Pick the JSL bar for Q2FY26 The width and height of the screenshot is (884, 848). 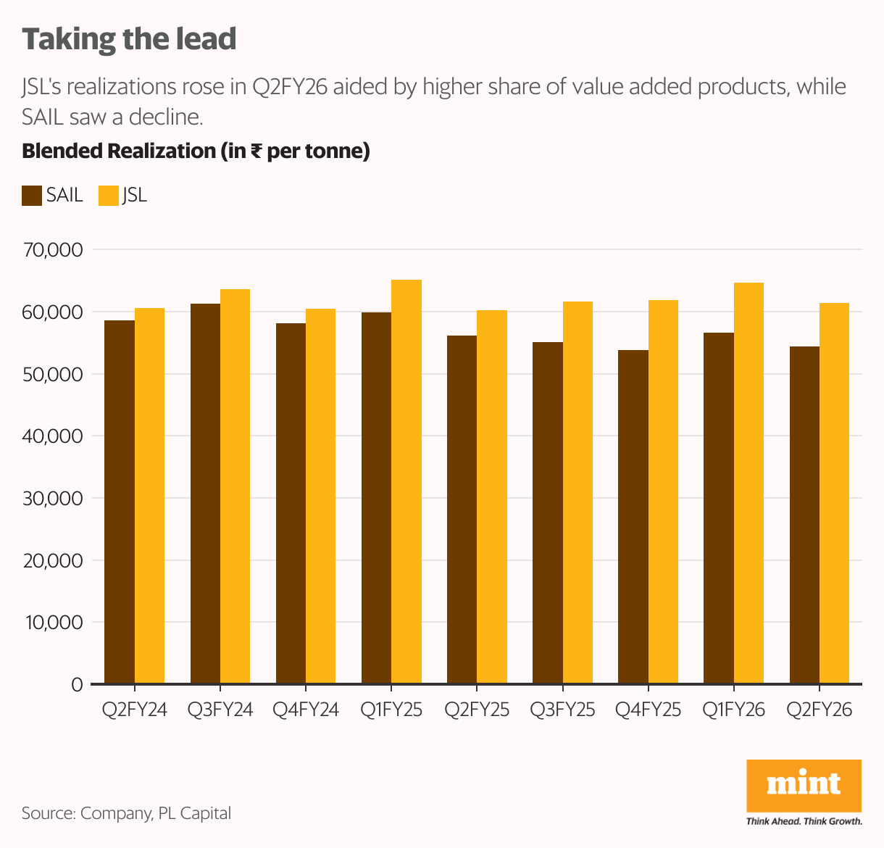coord(834,493)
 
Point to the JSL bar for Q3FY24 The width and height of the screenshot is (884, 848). coord(235,486)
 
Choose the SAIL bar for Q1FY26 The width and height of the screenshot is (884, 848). coord(719,507)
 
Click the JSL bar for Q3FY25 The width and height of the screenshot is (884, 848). coord(577,492)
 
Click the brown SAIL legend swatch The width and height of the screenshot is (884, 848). coord(32,196)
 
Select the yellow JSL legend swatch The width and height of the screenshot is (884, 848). coord(109,196)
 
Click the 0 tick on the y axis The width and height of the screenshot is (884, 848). coord(77,685)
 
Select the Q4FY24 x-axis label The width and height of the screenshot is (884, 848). coord(305,710)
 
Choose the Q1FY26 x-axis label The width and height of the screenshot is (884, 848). coord(733,710)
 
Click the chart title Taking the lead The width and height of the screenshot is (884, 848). coord(129,39)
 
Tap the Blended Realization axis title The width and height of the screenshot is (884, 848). coord(196,151)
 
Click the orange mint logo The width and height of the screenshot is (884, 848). coord(804,786)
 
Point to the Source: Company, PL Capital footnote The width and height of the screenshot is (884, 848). coord(126,813)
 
